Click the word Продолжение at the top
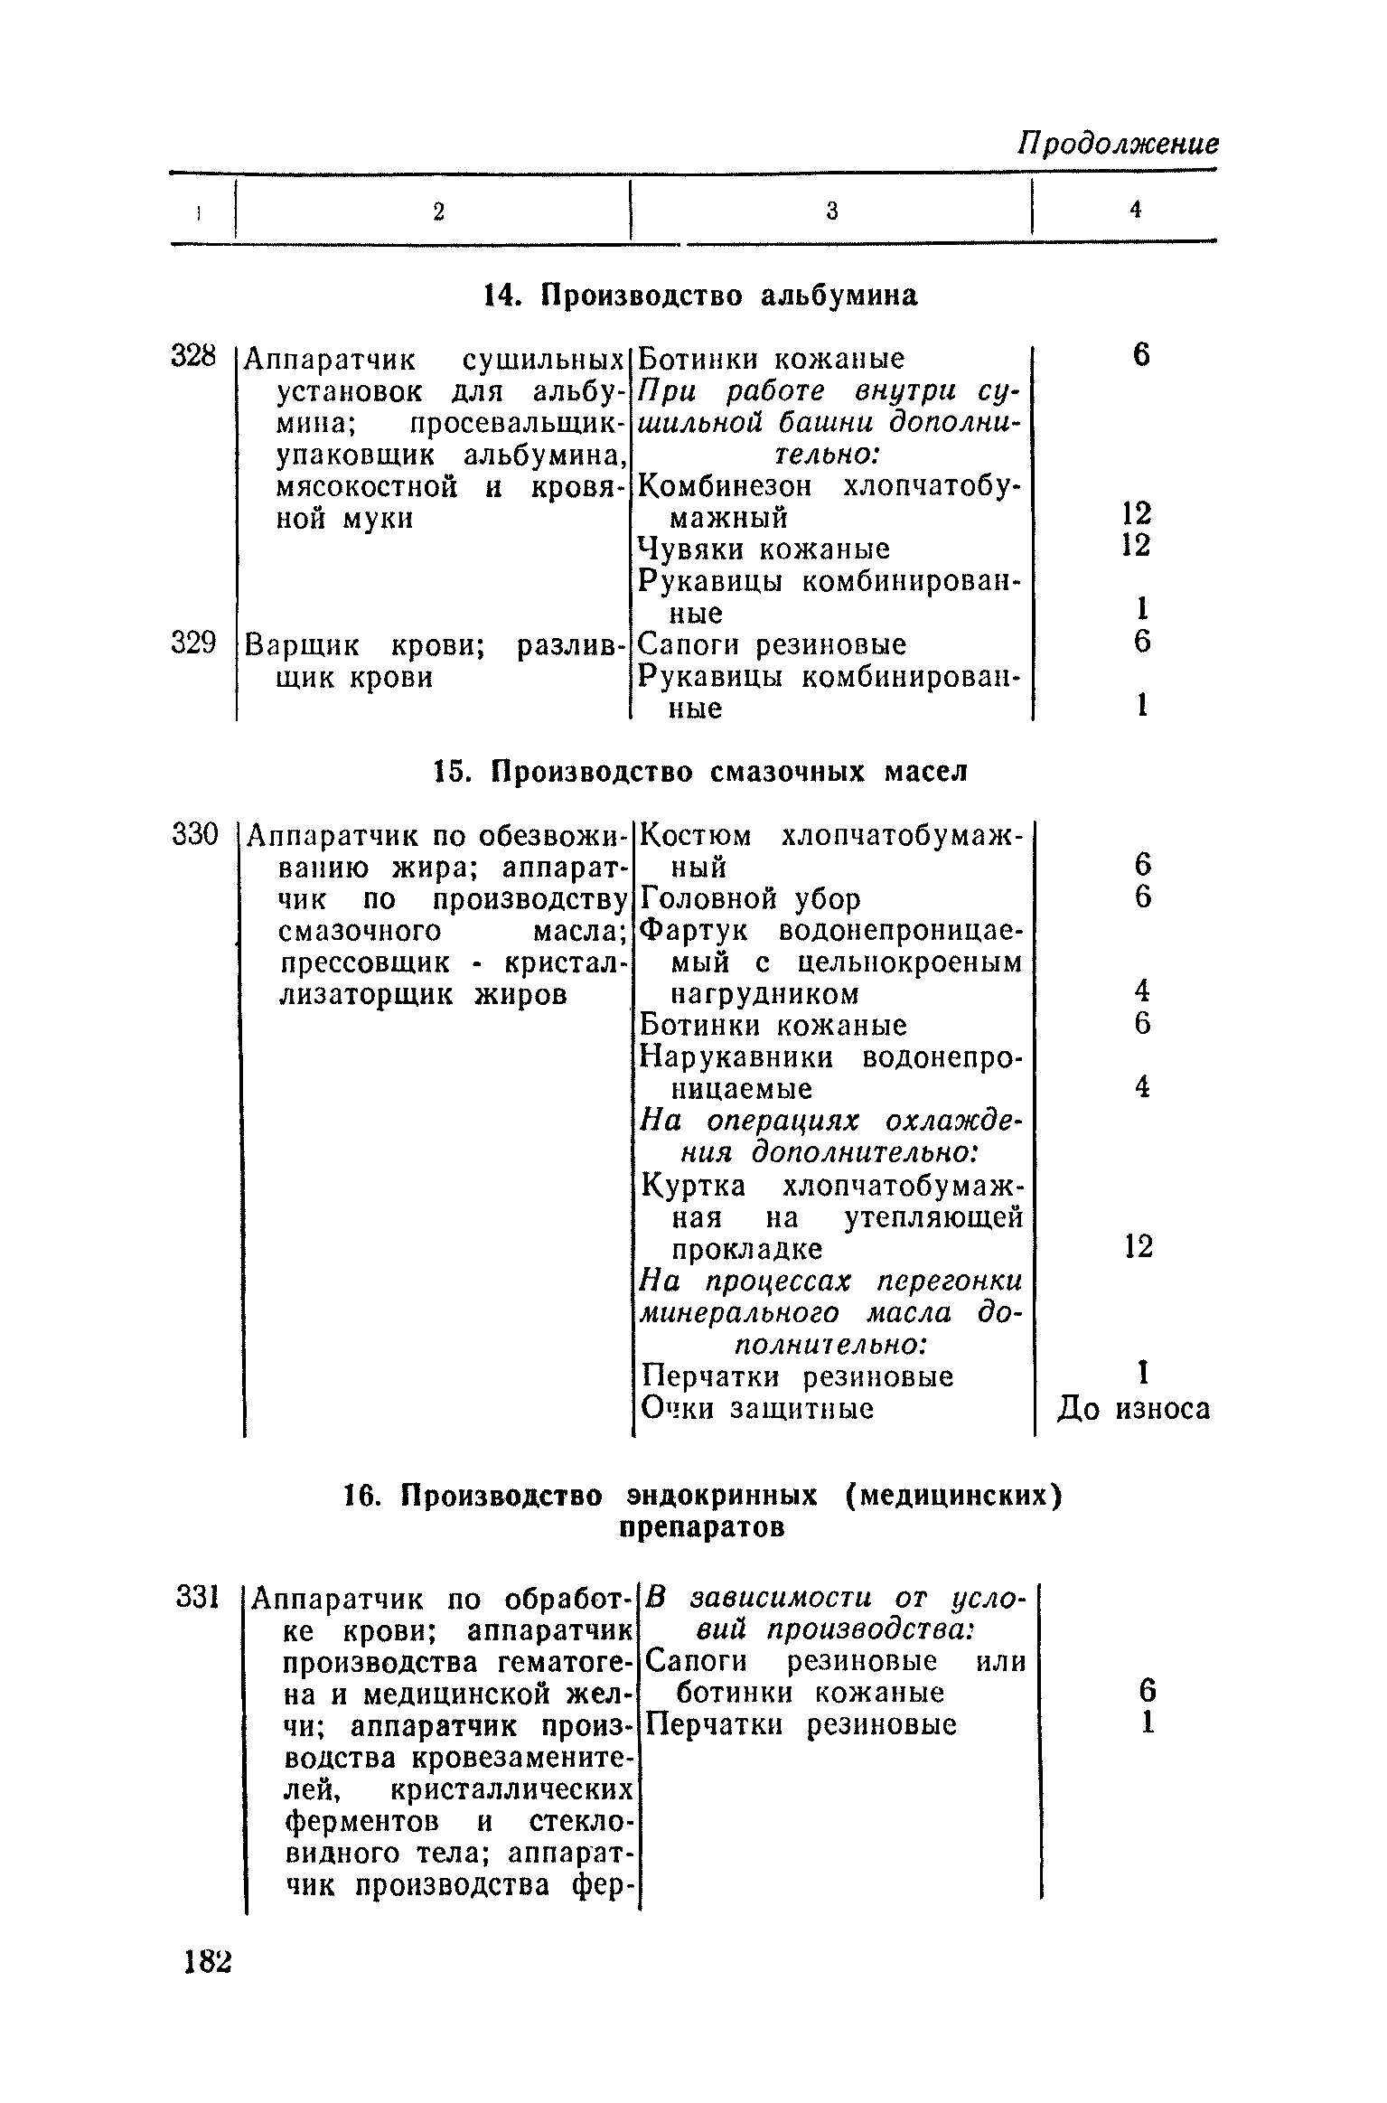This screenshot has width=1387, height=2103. [x=1117, y=145]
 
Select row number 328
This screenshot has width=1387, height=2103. [x=194, y=357]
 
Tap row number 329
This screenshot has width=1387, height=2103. [x=194, y=643]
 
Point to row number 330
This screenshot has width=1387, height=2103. [x=195, y=834]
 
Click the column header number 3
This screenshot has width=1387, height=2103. [x=831, y=211]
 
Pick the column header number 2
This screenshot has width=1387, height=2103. [x=438, y=211]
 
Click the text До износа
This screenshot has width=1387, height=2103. [x=1133, y=1409]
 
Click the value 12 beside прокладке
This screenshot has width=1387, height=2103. [x=1139, y=1247]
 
